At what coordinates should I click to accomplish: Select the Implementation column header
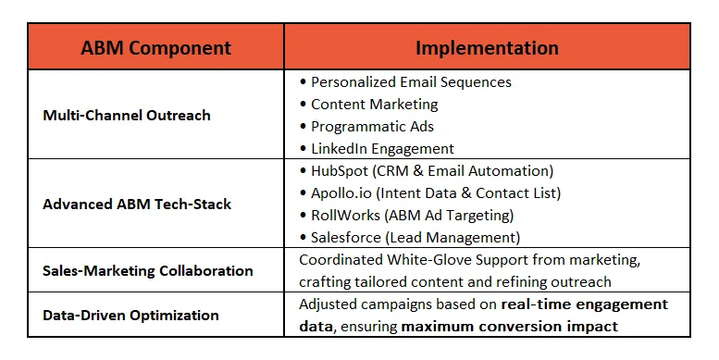click(x=487, y=47)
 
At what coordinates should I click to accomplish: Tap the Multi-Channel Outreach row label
click(x=127, y=116)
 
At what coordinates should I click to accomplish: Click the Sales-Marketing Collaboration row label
click(x=148, y=271)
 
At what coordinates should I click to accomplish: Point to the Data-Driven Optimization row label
click(x=130, y=315)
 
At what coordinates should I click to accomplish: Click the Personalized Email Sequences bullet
click(x=411, y=81)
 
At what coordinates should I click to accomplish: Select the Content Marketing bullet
click(x=374, y=104)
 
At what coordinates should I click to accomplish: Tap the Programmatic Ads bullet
click(x=372, y=126)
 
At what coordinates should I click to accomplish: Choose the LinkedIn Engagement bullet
click(x=382, y=148)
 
